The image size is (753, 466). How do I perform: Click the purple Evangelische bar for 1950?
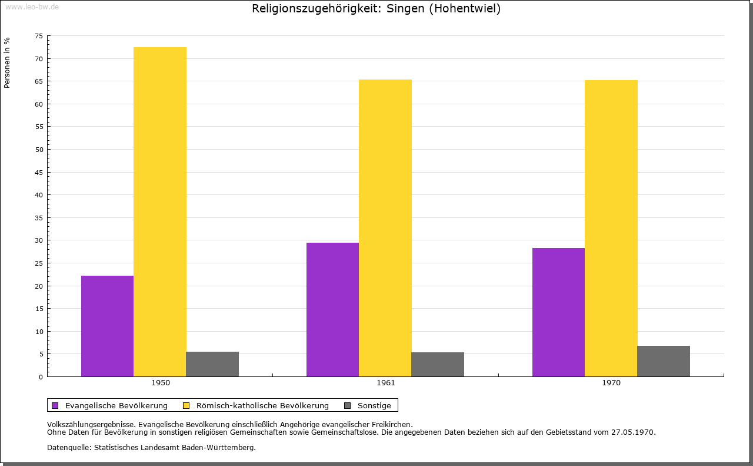click(107, 326)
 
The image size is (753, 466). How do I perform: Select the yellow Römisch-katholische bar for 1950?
click(159, 211)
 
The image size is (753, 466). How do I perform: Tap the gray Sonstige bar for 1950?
click(212, 364)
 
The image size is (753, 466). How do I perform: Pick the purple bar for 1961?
click(332, 309)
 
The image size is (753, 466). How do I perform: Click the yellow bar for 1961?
click(385, 228)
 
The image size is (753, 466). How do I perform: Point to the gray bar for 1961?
click(437, 364)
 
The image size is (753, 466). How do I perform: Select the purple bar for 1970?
click(558, 312)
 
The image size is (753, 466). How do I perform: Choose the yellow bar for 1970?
click(611, 228)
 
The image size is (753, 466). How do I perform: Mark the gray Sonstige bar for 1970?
click(663, 361)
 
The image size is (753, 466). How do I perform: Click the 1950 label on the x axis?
click(161, 383)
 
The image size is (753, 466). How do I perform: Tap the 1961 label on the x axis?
click(386, 383)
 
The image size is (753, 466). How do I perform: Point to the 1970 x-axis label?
click(611, 383)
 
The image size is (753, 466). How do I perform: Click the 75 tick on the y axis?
click(39, 37)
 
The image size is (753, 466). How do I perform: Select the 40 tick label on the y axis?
click(39, 195)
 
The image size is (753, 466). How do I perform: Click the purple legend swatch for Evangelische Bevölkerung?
click(55, 405)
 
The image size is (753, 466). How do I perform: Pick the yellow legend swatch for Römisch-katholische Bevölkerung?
click(186, 405)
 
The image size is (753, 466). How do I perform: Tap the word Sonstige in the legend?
click(374, 405)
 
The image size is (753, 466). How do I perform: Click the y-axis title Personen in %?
click(7, 62)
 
